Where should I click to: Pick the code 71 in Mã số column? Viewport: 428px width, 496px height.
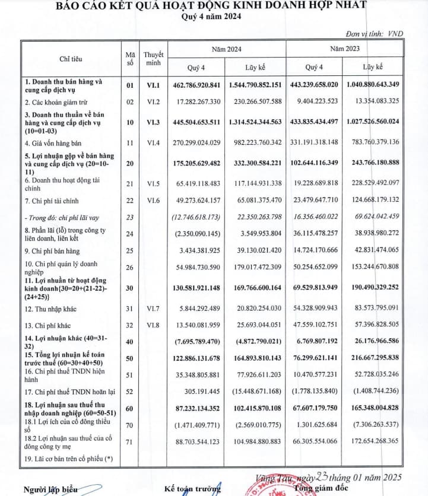[131, 441]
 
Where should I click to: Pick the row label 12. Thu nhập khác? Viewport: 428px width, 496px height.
[50, 309]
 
